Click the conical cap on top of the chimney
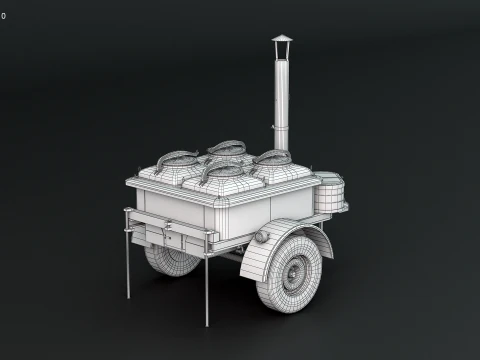pyautogui.click(x=282, y=40)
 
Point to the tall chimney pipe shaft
pyautogui.click(x=281, y=90)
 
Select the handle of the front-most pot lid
pyautogui.click(x=223, y=168)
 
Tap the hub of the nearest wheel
pyautogui.click(x=297, y=269)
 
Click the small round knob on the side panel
pyautogui.click(x=262, y=237)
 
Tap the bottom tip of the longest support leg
pyautogui.click(x=206, y=323)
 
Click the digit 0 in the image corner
pyautogui.click(x=3, y=15)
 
